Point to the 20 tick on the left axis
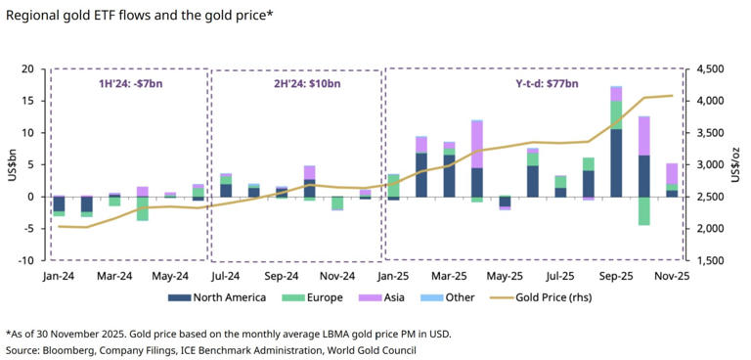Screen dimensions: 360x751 click(x=27, y=69)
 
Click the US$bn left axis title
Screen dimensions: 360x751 click(x=11, y=164)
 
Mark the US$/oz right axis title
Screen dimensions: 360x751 click(x=738, y=164)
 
